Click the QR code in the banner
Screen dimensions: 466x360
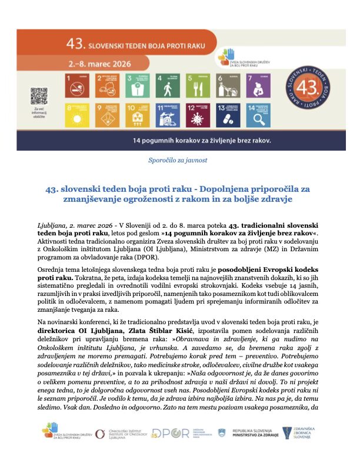(x=39, y=95)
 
